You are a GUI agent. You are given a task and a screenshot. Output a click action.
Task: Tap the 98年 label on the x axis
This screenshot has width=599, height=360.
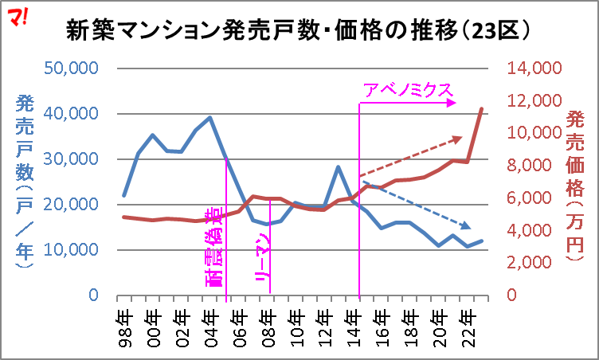click(124, 319)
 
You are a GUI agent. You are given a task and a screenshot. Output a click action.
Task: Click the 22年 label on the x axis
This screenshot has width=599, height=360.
click(468, 319)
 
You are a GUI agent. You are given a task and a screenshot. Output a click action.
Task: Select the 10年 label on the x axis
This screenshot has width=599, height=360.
click(296, 319)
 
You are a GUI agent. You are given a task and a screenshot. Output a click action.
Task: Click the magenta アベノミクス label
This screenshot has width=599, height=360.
click(408, 89)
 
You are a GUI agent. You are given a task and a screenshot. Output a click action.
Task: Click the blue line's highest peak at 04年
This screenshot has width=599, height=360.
click(210, 118)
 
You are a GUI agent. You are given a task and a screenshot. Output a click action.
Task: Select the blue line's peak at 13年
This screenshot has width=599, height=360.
click(339, 167)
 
